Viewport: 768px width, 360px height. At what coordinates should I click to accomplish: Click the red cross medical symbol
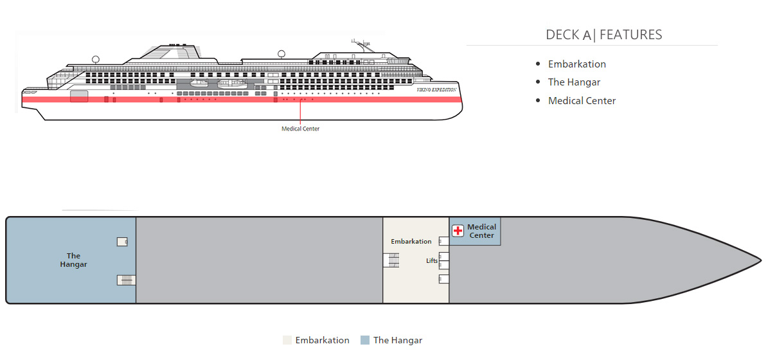click(x=458, y=231)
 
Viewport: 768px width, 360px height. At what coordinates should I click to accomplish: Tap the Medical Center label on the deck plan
click(x=481, y=231)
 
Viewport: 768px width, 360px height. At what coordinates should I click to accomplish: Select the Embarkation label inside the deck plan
click(x=411, y=242)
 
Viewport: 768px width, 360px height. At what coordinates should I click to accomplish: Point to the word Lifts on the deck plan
click(x=432, y=260)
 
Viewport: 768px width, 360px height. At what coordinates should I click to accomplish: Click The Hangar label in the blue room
click(x=73, y=260)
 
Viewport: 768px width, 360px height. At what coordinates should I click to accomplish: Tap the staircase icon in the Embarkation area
click(x=391, y=260)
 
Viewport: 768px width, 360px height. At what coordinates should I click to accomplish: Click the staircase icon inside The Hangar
click(x=126, y=280)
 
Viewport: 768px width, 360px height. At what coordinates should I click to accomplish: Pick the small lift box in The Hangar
click(x=122, y=242)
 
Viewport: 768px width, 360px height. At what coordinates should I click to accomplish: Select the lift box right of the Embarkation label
click(x=443, y=241)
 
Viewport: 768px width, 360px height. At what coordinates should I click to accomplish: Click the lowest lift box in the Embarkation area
click(x=443, y=279)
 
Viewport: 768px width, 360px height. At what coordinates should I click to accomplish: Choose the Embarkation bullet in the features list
click(x=576, y=64)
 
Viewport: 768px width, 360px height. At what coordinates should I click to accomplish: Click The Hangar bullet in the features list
click(x=574, y=82)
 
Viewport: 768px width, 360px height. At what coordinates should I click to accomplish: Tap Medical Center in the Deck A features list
click(x=582, y=101)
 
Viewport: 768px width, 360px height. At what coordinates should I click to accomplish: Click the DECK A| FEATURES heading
click(x=603, y=35)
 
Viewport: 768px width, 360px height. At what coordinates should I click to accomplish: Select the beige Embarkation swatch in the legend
click(x=287, y=340)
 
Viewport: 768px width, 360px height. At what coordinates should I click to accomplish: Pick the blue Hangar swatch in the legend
click(x=365, y=340)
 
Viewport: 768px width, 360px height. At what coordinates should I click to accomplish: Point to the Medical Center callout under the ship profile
click(x=300, y=129)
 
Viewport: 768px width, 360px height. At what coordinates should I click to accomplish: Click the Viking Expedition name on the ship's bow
click(x=436, y=90)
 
